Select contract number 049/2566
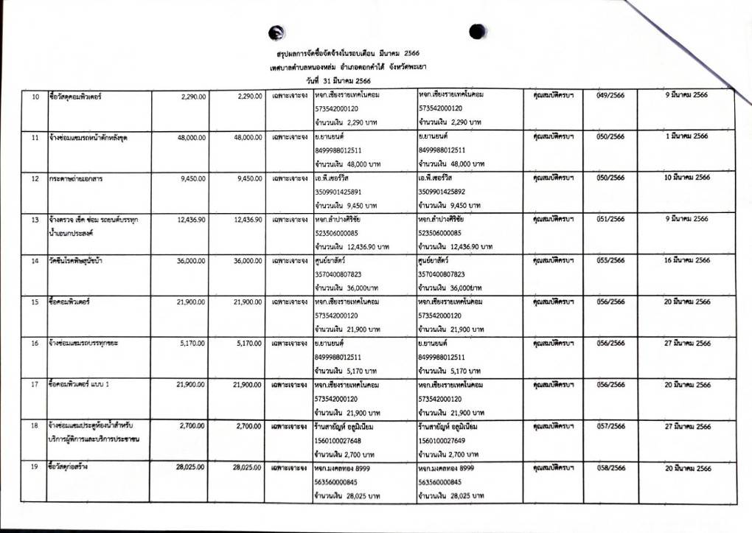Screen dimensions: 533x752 (610, 96)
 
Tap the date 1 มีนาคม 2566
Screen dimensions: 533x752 (686, 136)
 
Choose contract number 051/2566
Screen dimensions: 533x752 (610, 219)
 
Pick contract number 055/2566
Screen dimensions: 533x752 (610, 260)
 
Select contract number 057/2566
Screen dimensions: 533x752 (610, 426)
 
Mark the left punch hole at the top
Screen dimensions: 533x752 (276, 32)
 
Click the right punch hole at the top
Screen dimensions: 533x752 (478, 31)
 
